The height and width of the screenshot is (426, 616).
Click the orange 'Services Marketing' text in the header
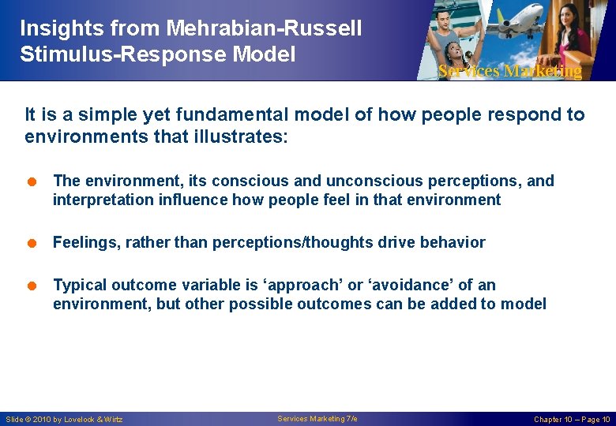pyautogui.click(x=509, y=71)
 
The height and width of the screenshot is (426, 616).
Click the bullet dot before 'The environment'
pyautogui.click(x=32, y=181)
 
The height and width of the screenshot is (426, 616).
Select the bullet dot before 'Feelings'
pyautogui.click(x=32, y=243)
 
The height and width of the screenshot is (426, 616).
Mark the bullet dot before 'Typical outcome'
pyautogui.click(x=32, y=286)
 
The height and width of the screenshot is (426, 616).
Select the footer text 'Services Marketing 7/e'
pyautogui.click(x=317, y=418)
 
